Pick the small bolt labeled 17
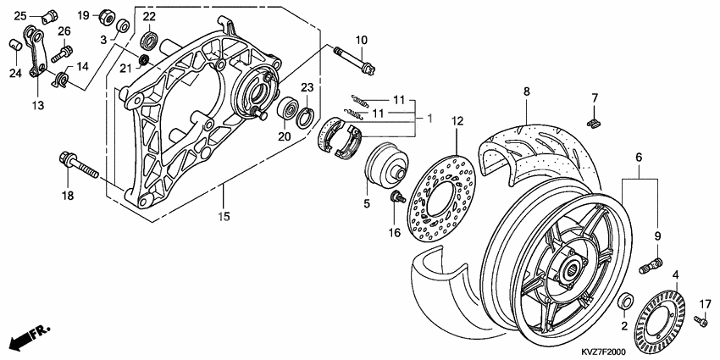(700, 321)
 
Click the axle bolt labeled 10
(355, 61)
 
